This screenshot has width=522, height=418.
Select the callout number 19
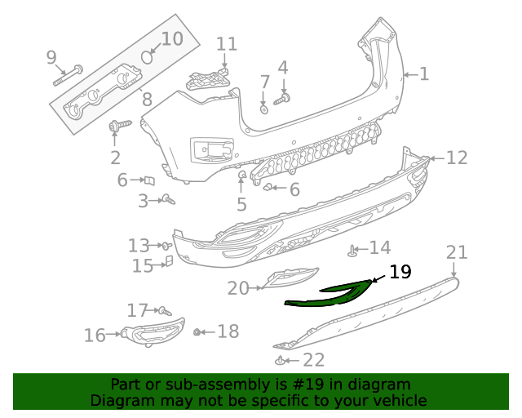pyautogui.click(x=400, y=272)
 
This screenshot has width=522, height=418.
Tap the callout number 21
pyautogui.click(x=457, y=253)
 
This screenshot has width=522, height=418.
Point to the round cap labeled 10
pyautogui.click(x=148, y=56)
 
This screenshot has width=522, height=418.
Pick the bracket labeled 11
pyautogui.click(x=207, y=79)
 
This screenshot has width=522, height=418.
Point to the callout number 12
pyautogui.click(x=457, y=158)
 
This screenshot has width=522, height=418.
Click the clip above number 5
pyautogui.click(x=242, y=176)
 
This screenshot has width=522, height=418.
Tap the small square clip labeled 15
pyautogui.click(x=169, y=261)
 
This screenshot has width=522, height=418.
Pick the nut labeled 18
pyautogui.click(x=197, y=331)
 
